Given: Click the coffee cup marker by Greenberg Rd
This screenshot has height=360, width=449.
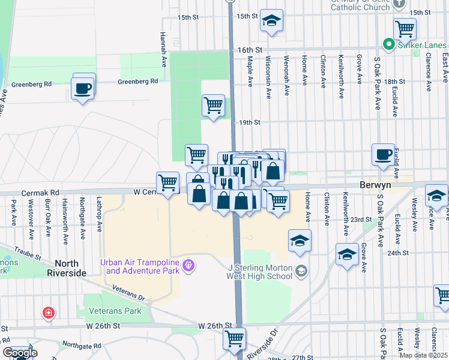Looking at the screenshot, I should [x=83, y=88].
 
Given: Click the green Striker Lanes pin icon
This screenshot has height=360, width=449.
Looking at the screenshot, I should [x=388, y=44].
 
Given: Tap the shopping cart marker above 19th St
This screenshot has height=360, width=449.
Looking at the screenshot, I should [x=213, y=105].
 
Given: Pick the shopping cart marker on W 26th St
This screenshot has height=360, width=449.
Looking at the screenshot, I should [x=234, y=338].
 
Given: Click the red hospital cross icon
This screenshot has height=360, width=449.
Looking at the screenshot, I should [x=48, y=313].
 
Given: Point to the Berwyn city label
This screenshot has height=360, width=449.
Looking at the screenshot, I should [x=375, y=185].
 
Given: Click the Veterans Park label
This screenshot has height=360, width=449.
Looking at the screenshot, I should [x=115, y=311].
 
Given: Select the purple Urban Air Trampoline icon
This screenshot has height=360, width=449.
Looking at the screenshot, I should [x=188, y=265].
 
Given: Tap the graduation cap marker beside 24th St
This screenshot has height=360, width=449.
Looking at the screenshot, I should [x=347, y=255].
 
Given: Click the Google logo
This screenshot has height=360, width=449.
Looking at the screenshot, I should [x=19, y=353].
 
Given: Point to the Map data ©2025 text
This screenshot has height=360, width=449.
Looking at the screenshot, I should [x=423, y=355].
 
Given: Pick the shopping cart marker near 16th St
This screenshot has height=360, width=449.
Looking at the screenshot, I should [x=405, y=28].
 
